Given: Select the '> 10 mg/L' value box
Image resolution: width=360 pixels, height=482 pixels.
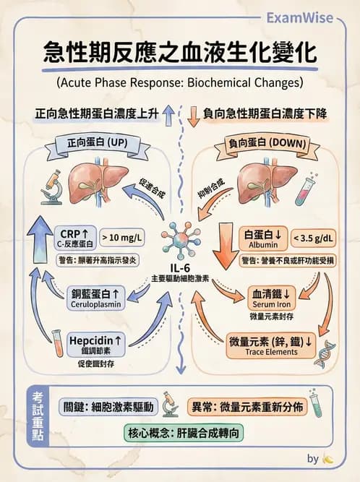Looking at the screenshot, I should pos(122,236).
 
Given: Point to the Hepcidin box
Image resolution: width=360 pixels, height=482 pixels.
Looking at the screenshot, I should pos(94,343).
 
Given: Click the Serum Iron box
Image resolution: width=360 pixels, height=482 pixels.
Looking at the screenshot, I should pos(271,298).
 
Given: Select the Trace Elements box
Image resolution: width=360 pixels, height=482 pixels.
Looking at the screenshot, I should pos(271,343).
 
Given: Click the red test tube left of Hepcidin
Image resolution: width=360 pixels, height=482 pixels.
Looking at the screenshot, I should pos(56,345).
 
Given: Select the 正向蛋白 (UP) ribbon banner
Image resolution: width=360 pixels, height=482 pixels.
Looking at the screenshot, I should pos(95,144).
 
